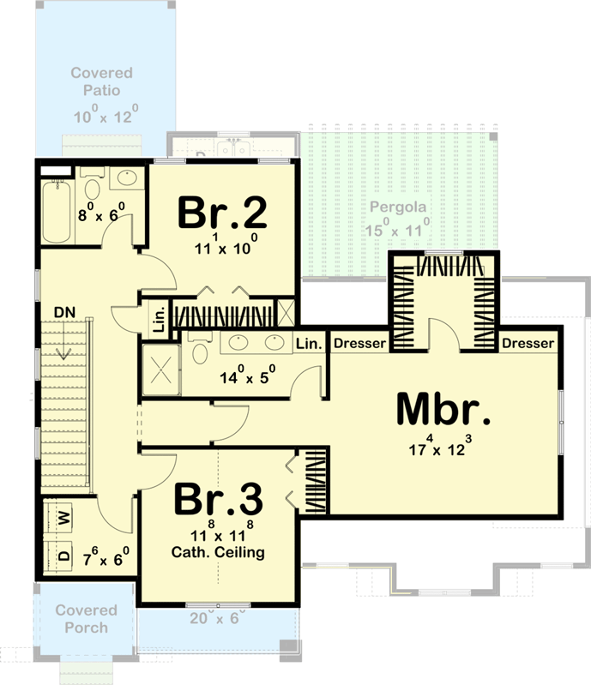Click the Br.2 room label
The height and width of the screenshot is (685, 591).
pyautogui.click(x=223, y=213)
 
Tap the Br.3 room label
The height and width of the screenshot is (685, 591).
pyautogui.click(x=219, y=500)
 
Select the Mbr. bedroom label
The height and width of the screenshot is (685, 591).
pyautogui.click(x=444, y=411)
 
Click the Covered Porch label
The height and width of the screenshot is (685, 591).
pyautogui.click(x=86, y=618)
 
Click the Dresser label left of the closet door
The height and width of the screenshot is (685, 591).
pyautogui.click(x=359, y=344)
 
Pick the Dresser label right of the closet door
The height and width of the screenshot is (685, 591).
pyautogui.click(x=528, y=344)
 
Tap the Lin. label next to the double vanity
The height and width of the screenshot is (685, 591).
pyautogui.click(x=309, y=344)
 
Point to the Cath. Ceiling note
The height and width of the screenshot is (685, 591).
pyautogui.click(x=219, y=552)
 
